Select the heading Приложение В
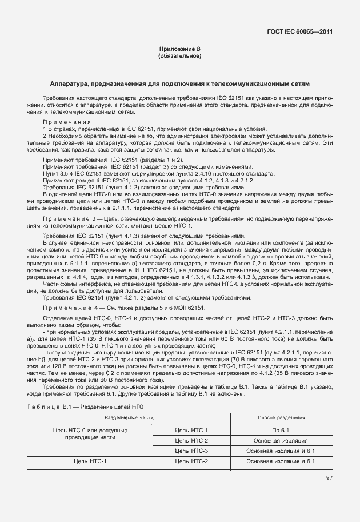pyautogui.click(x=179, y=50)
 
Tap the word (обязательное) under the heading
pyautogui.click(x=179, y=56)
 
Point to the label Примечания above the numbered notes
pyautogui.click(x=67, y=122)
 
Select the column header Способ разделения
pyautogui.click(x=281, y=418)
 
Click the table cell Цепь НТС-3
pyautogui.click(x=191, y=451)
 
